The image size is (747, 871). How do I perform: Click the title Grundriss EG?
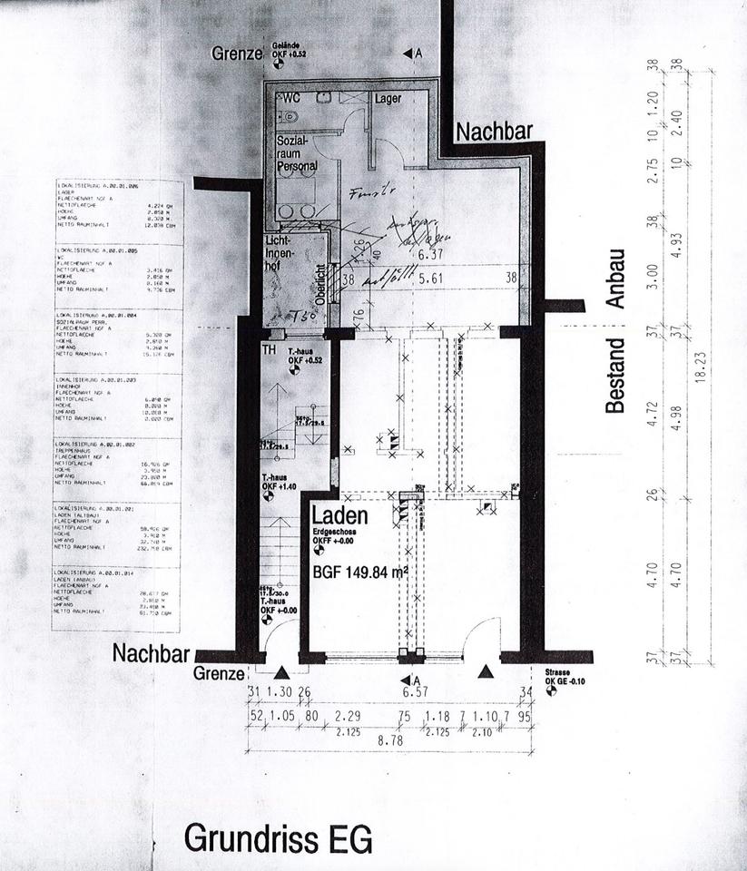point(278,839)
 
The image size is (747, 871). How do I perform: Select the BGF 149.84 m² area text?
point(359,573)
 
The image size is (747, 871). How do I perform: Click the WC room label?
point(291,98)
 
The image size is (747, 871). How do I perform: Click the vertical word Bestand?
point(616,375)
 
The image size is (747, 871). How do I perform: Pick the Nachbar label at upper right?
point(494,132)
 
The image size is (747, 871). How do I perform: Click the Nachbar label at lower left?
point(152,653)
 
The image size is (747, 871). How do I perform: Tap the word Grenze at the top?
point(237,54)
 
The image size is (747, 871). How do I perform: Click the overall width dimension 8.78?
point(390,741)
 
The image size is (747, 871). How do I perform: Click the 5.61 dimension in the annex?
point(427,280)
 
